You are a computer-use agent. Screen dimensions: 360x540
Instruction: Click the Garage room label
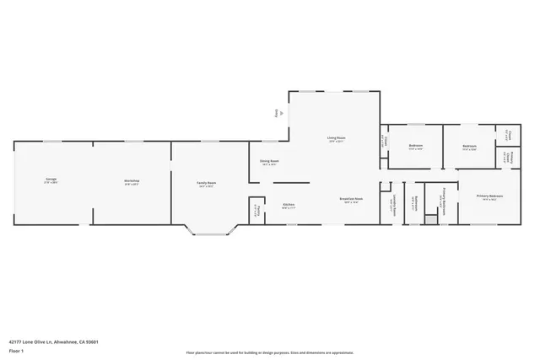(51, 180)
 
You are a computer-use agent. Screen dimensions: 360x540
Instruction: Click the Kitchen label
(289, 205)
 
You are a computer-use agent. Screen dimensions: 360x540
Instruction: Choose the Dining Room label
(269, 161)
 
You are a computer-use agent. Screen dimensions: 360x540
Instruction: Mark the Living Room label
(337, 138)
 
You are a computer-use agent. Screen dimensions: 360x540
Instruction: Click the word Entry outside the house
(275, 112)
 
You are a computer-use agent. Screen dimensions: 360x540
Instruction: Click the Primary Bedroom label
(489, 196)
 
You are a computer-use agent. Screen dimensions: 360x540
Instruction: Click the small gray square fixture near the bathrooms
(430, 220)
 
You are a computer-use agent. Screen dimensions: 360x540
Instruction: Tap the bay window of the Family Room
(208, 233)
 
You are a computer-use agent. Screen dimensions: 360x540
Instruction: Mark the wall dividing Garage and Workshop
(92, 183)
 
